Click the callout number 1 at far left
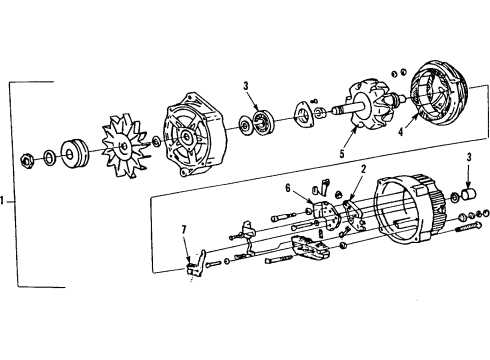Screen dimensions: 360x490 7,200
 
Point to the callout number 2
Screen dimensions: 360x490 363,169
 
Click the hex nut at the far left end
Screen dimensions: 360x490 30,158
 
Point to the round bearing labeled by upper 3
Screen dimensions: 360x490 263,123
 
